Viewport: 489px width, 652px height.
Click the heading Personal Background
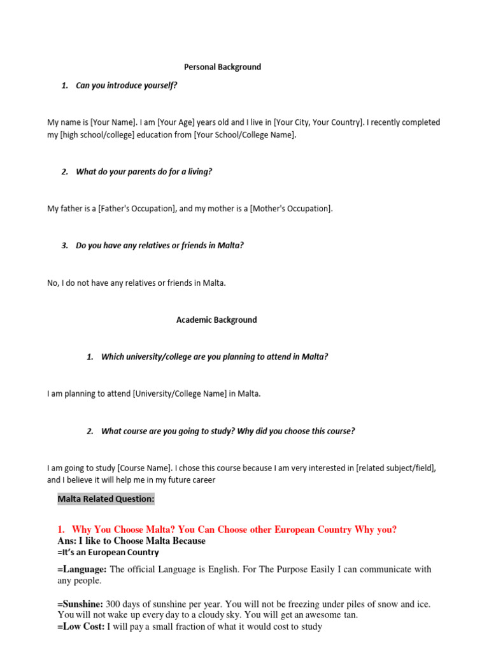222,67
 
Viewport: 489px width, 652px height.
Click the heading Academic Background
216,320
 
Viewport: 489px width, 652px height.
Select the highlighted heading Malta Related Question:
106,499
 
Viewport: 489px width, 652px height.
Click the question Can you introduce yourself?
126,85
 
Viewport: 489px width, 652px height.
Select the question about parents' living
144,172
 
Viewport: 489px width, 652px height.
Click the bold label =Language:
82,569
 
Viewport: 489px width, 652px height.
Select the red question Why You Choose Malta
234,530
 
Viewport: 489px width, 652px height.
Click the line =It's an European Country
108,553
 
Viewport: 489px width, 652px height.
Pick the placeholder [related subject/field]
396,468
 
